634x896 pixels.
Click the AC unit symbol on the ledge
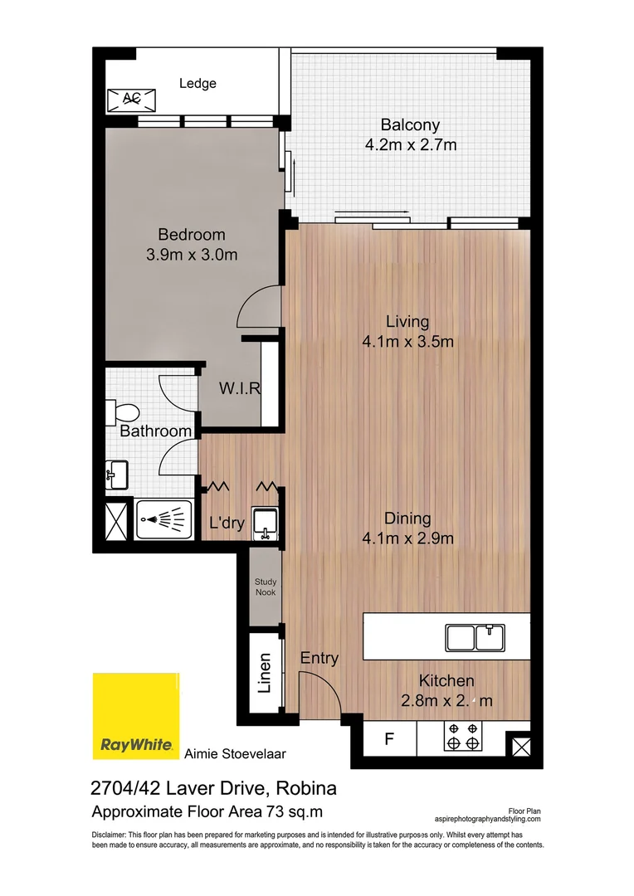131,100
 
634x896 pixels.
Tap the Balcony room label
410,125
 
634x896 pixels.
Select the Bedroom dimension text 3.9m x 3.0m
192,255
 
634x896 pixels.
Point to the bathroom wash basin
116,475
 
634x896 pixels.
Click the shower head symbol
158,520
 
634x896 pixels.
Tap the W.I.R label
241,389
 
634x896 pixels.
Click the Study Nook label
266,587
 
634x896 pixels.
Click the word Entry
319,659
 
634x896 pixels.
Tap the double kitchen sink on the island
475,637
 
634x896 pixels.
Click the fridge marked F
388,738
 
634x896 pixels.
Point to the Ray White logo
136,715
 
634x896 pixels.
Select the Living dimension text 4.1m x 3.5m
407,342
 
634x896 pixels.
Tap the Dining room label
407,519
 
